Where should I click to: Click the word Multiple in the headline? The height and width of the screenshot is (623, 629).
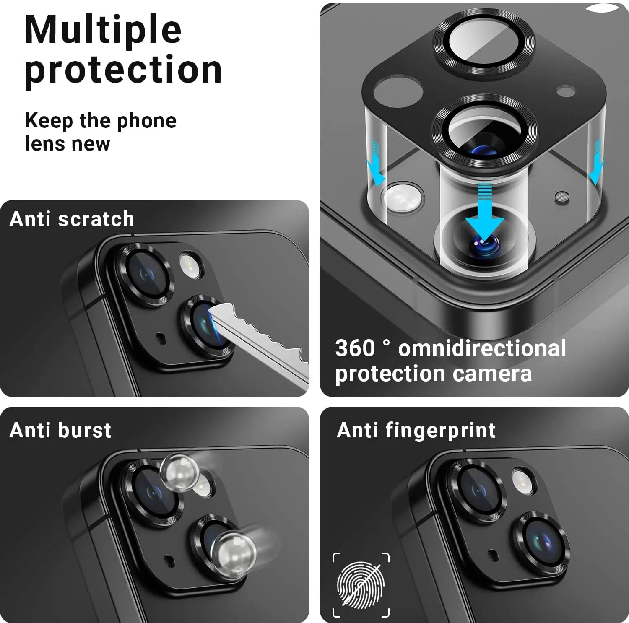point(103,29)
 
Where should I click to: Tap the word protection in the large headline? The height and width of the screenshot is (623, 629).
point(123,70)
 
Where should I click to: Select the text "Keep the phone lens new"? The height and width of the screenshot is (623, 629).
point(101,132)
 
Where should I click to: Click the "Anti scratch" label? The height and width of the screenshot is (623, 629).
point(72,219)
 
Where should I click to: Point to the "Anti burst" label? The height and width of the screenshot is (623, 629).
point(60,430)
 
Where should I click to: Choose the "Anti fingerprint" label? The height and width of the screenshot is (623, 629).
point(416,431)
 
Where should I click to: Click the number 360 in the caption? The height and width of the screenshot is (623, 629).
point(355,348)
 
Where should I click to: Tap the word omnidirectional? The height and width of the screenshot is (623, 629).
point(482,348)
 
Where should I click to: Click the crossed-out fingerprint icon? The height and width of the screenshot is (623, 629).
point(361,585)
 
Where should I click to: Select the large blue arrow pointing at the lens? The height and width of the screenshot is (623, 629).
point(485,212)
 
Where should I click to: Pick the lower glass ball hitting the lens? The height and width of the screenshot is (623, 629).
point(233,550)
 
